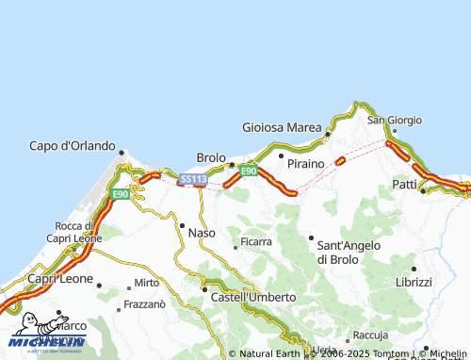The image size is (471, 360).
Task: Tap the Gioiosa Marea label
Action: (282, 127)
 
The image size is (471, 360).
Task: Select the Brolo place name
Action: (211, 157)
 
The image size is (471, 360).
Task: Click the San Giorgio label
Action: (389, 120)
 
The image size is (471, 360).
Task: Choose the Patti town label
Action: (404, 184)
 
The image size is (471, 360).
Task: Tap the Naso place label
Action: (203, 232)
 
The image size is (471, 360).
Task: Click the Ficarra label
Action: (256, 242)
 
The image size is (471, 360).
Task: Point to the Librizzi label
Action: (414, 282)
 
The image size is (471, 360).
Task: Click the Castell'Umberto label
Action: (252, 297)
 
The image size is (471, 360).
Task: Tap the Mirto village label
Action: (146, 283)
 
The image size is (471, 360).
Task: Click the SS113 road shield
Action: (192, 178)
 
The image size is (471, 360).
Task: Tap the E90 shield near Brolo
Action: (248, 171)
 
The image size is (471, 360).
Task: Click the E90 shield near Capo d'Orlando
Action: (120, 194)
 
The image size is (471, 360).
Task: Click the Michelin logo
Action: (47, 341)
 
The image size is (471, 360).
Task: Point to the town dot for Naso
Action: (182, 224)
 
